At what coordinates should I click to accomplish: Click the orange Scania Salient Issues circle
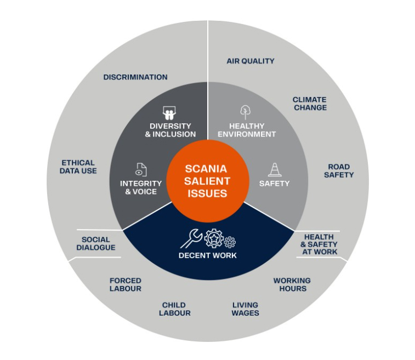208,181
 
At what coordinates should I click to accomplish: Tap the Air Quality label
251,61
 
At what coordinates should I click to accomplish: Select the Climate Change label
310,104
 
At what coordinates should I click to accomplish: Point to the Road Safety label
339,171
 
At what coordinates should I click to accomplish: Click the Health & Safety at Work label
319,244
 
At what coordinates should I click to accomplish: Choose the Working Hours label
292,284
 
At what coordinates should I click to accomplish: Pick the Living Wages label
246,309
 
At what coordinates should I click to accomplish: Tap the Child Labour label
175,309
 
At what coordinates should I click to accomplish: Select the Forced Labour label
126,284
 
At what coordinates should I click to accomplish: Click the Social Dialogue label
96,244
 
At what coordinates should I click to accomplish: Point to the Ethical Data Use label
78,167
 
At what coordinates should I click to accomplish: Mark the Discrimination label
135,77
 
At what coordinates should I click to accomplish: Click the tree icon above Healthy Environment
246,112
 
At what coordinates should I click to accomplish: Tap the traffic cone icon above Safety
275,169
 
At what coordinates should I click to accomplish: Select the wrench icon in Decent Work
191,238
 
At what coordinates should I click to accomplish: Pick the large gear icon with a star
214,238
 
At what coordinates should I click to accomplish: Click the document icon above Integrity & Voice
141,169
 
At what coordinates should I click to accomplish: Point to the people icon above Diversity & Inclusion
169,113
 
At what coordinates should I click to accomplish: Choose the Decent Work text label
208,255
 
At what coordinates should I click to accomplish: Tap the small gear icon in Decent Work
230,242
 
